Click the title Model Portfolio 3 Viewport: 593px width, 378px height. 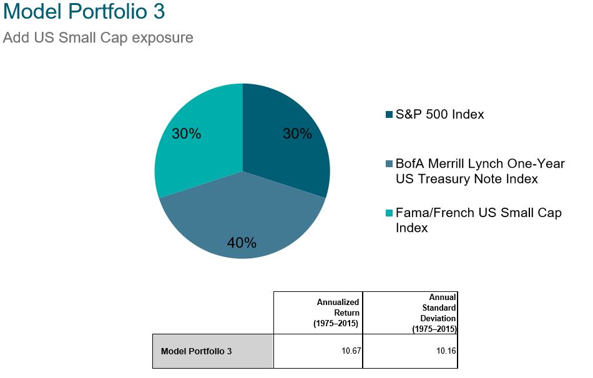[84, 11]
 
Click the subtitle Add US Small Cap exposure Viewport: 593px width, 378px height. [98, 38]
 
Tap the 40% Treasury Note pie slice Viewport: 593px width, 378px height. [242, 219]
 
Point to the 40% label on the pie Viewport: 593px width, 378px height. [242, 243]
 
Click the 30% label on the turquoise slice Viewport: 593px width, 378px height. [187, 133]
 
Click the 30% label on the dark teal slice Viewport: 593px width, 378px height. [298, 133]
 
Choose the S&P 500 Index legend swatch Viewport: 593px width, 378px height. [389, 115]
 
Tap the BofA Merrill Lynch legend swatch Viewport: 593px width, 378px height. [389, 163]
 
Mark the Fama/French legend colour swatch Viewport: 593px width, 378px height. [389, 213]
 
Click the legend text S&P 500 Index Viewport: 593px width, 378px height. [440, 115]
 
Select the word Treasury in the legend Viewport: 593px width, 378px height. [461, 179]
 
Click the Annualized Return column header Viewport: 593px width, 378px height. [336, 313]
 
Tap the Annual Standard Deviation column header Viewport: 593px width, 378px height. [434, 313]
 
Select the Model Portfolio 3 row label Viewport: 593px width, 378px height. [196, 351]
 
